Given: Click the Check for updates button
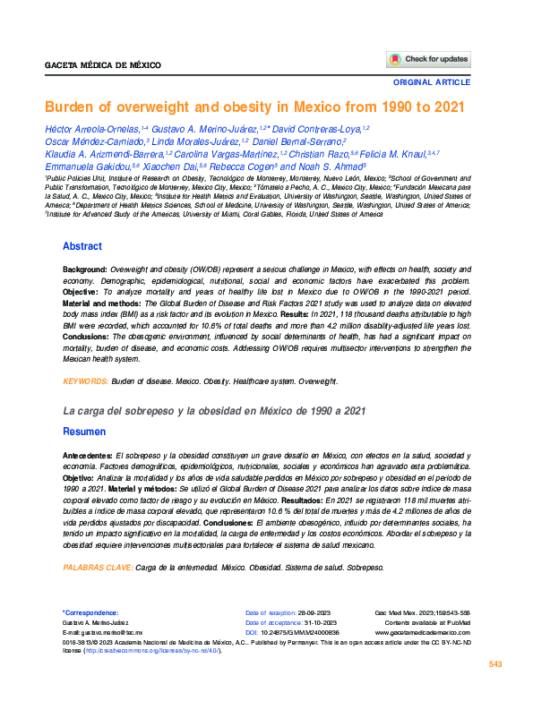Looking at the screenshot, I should (428, 59).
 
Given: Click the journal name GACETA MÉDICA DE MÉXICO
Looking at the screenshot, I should (96, 66).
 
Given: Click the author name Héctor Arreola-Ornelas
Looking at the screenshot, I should (98, 130).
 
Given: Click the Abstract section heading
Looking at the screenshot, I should (82, 246).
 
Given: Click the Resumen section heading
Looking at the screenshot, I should (83, 432).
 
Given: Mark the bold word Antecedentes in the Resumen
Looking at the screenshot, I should (88, 455).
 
